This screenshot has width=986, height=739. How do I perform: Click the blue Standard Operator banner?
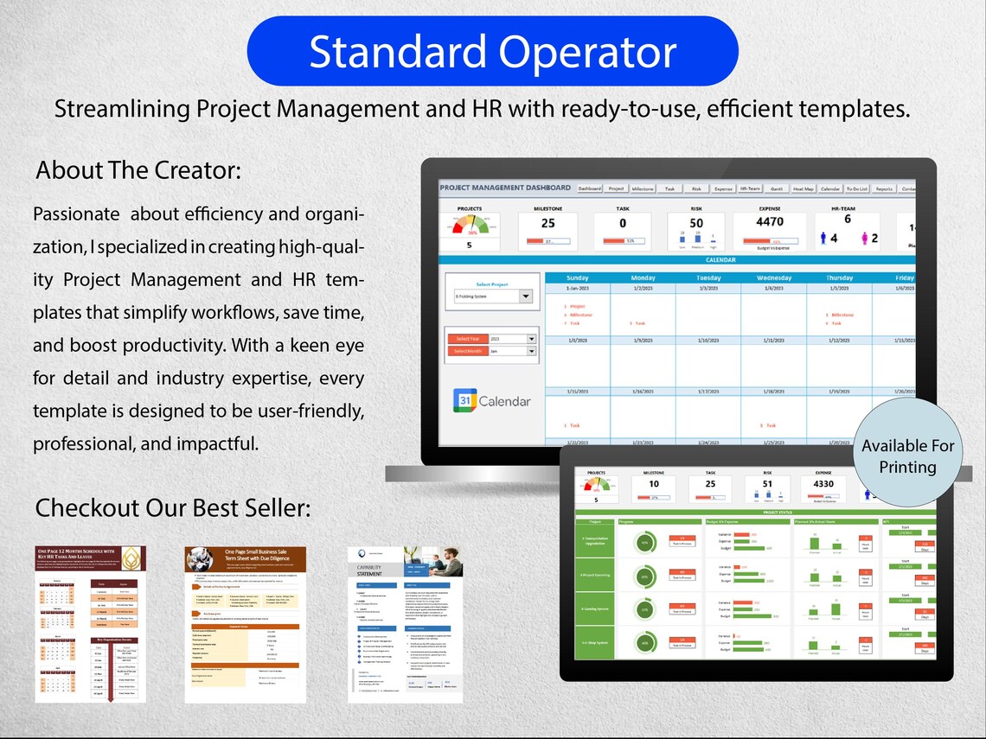point(492,51)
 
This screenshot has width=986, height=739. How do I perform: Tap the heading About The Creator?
point(138,170)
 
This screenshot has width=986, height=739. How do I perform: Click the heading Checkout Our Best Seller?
point(172,507)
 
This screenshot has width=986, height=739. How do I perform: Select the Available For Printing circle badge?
point(907,456)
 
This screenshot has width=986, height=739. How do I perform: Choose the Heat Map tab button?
point(803,188)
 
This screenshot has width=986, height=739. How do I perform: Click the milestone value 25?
point(547,222)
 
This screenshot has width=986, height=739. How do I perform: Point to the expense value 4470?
point(769,221)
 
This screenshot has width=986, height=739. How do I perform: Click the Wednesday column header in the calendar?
point(773,278)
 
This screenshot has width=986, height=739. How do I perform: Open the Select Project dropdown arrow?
point(525,296)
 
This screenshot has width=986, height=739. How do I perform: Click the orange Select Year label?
point(468,339)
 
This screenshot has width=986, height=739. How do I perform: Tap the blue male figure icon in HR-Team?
point(823,238)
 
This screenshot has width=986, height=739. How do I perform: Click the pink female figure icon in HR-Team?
point(861,238)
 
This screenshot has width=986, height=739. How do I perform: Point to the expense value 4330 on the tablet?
point(823,484)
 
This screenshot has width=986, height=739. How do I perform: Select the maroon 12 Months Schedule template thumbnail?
point(91,623)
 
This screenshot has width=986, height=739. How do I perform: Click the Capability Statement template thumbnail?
point(405,623)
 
